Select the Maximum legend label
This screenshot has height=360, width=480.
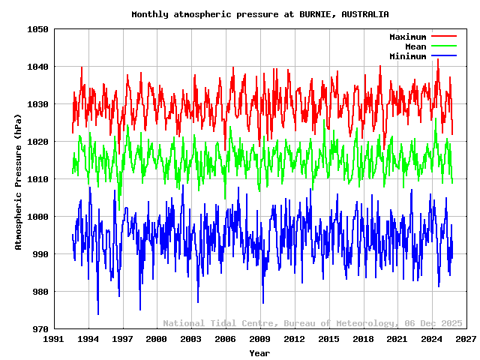[407, 37]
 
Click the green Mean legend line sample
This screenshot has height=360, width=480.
[443, 46]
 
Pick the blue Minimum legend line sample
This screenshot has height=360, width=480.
[443, 56]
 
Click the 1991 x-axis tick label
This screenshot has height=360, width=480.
[53, 339]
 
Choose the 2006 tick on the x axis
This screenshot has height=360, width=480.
[225, 339]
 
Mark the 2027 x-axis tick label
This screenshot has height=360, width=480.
[466, 339]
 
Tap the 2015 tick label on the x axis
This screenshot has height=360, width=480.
[328, 339]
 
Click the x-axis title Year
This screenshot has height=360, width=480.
[259, 352]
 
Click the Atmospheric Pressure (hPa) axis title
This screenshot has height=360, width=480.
[19, 179]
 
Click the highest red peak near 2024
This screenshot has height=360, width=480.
[438, 60]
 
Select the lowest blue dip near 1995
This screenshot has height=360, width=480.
[98, 313]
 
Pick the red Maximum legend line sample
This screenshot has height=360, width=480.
[443, 37]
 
